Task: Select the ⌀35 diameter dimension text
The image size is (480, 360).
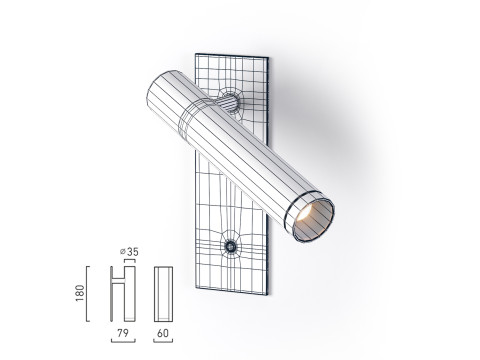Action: pos(128,251)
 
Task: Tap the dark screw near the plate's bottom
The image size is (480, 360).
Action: pos(231,246)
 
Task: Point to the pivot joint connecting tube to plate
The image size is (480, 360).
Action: pos(229,103)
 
